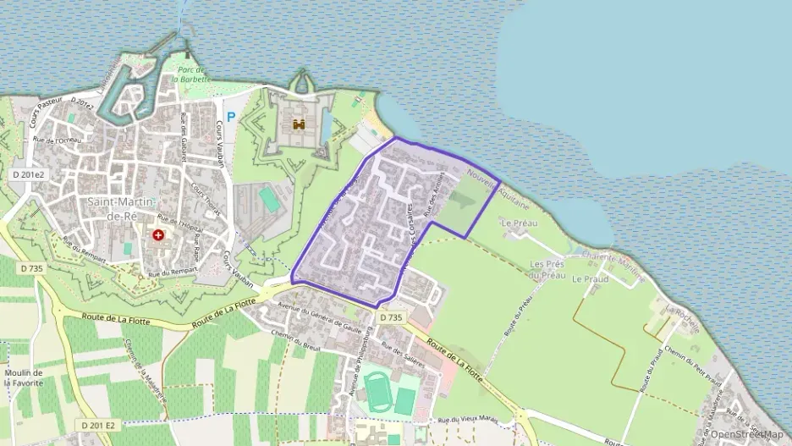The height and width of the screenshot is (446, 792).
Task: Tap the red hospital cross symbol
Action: coord(158,234)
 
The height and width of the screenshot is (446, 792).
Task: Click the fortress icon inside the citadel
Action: coord(299,124)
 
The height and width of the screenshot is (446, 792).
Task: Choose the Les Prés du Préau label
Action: coord(547,269)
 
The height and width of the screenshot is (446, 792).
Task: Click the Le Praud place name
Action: coord(590,278)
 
